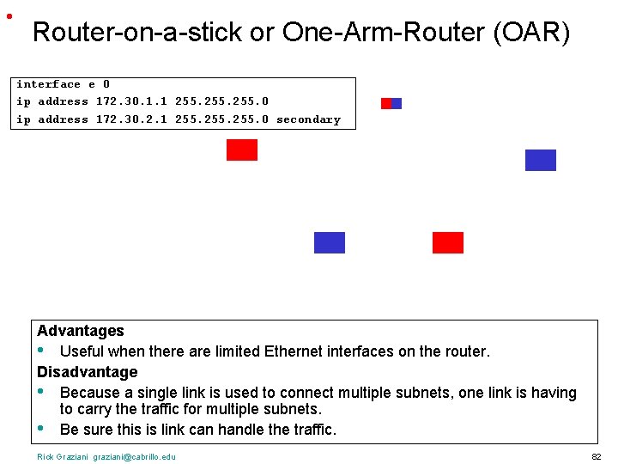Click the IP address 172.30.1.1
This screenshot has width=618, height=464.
131,101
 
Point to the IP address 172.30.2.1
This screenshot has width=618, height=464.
131,119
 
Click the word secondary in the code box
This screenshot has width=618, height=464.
308,119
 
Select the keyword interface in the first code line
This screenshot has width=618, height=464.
48,84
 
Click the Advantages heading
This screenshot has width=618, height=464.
81,331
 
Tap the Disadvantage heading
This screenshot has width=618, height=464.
87,372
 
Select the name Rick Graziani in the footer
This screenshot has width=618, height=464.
64,456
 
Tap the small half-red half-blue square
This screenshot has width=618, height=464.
391,103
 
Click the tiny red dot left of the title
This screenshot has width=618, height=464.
9,16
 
